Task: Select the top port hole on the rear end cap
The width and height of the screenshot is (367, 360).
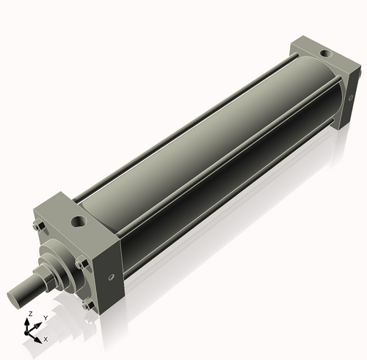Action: (325, 52)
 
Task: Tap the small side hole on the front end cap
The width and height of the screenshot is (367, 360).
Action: (111, 277)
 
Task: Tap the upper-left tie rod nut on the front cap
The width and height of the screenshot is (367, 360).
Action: (37, 226)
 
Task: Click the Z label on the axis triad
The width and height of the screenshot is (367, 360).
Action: (29, 314)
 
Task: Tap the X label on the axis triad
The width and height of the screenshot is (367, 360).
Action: (46, 339)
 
